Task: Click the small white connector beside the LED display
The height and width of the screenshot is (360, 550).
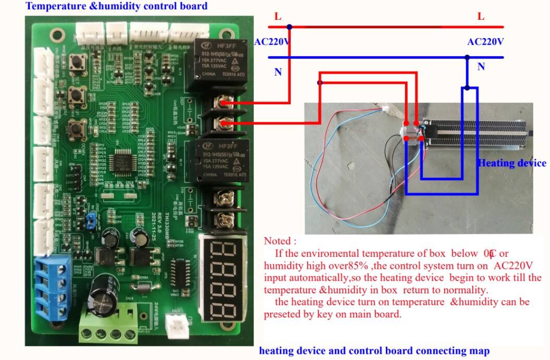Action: click(177, 327)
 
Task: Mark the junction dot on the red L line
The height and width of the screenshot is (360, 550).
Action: click(290, 27)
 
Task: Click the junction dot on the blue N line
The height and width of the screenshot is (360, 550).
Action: click(468, 57)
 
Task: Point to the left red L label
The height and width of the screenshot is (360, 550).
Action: click(278, 17)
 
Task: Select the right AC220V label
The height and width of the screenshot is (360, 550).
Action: click(485, 42)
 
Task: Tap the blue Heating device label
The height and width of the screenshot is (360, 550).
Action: click(512, 163)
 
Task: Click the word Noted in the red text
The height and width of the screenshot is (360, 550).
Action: click(279, 241)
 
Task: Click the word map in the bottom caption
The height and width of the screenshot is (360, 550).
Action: click(480, 351)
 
